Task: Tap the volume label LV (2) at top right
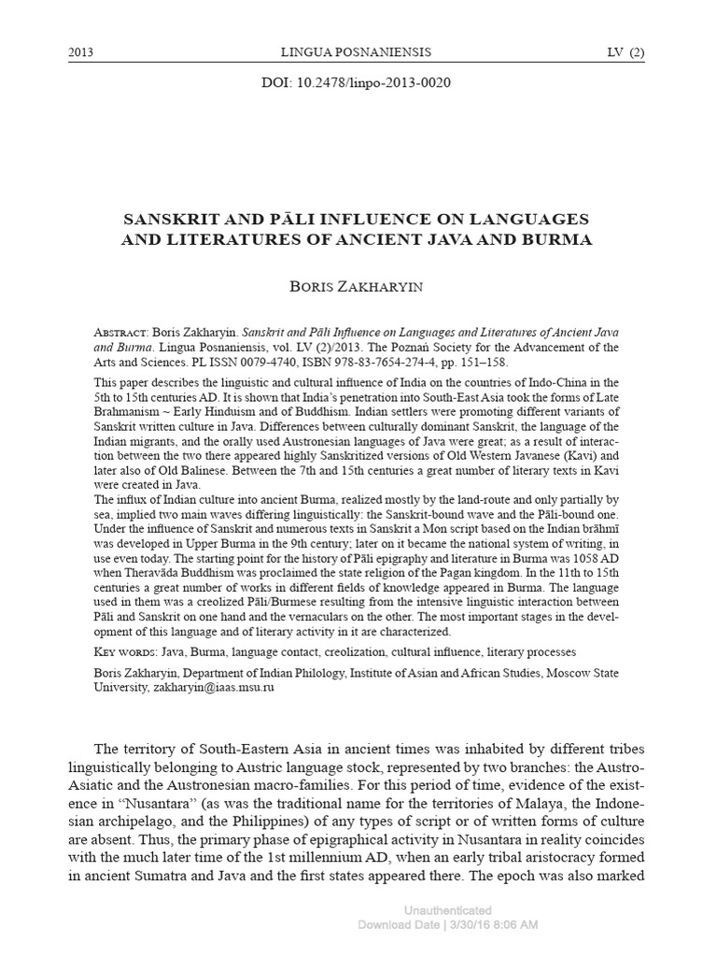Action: (x=625, y=50)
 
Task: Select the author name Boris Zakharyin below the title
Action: (x=358, y=287)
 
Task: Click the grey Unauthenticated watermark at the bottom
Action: (x=448, y=910)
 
